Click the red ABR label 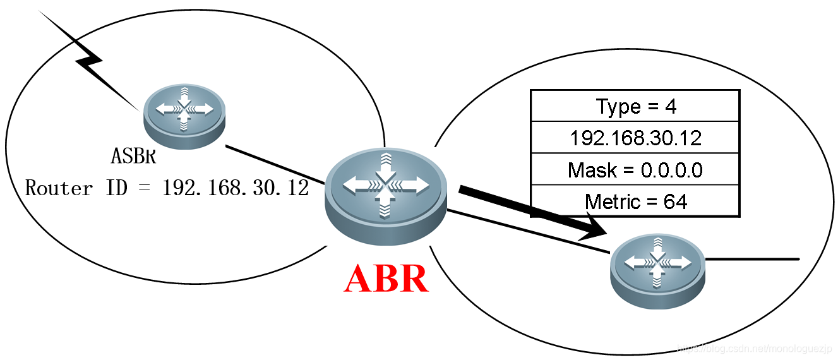tap(386, 278)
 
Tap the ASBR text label tap(133, 155)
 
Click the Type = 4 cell tap(635, 106)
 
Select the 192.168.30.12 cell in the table tap(635, 138)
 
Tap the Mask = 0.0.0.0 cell tap(635, 169)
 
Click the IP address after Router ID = tap(236, 188)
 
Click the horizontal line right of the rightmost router tap(751, 259)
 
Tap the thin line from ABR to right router tap(530, 232)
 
